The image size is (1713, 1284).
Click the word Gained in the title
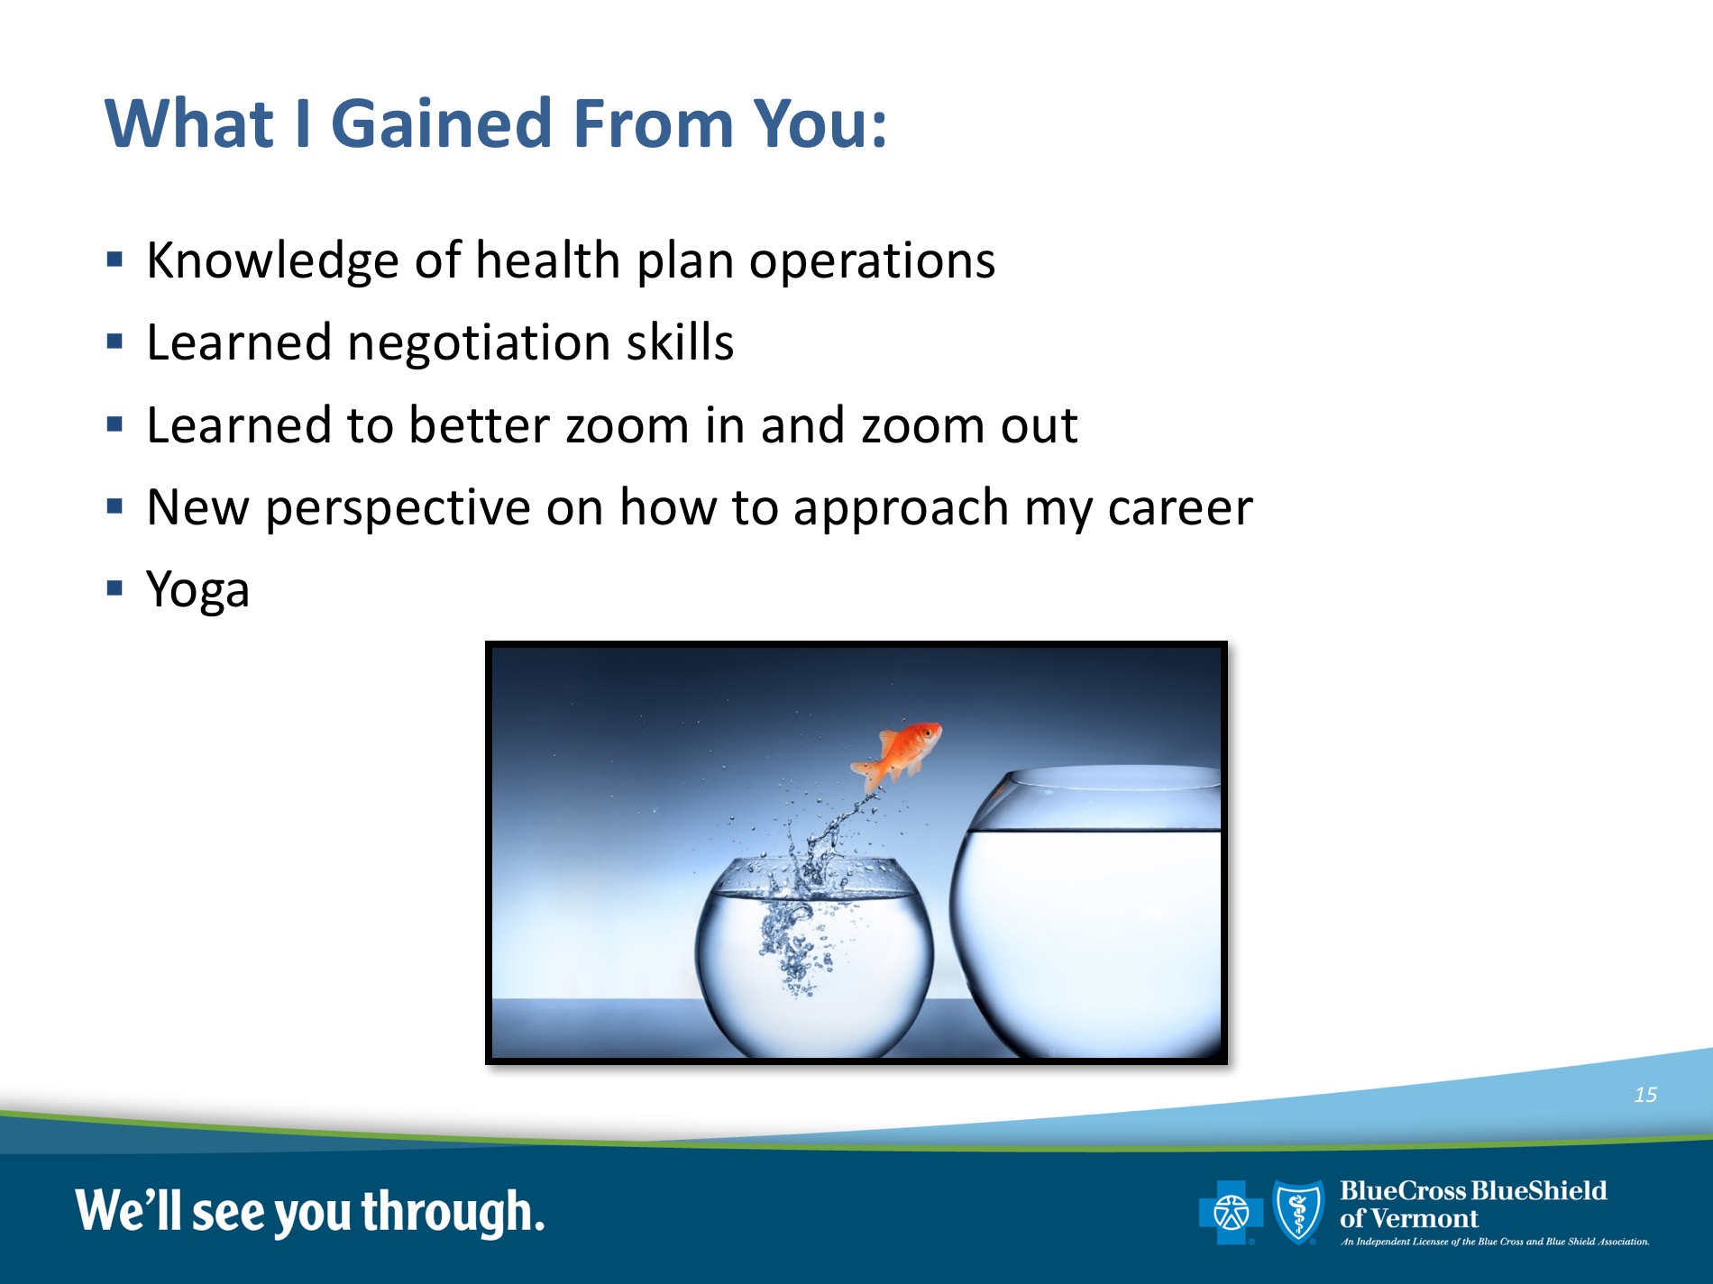(x=441, y=123)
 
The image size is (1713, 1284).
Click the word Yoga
(x=197, y=591)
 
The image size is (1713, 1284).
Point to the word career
(x=1180, y=508)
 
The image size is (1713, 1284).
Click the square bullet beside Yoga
(x=115, y=588)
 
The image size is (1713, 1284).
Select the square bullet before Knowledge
(x=115, y=260)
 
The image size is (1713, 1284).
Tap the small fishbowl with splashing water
(x=814, y=957)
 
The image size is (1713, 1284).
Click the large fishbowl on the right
(x=1086, y=912)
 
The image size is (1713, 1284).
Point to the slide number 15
(x=1645, y=1095)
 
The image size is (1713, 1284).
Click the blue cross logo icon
(x=1231, y=1212)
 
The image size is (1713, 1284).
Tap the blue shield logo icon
(x=1298, y=1212)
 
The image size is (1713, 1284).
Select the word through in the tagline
(x=453, y=1213)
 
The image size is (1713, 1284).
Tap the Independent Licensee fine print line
(x=1495, y=1242)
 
